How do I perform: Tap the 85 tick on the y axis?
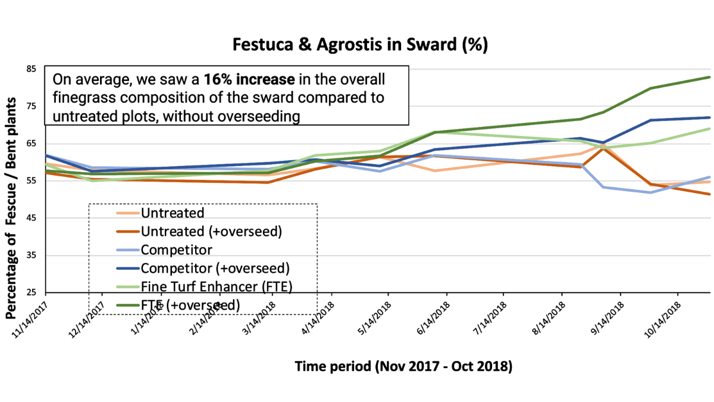(31, 69)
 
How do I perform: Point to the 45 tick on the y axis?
(31, 218)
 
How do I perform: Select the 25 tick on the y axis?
(31, 292)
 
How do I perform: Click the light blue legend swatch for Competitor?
(127, 250)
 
